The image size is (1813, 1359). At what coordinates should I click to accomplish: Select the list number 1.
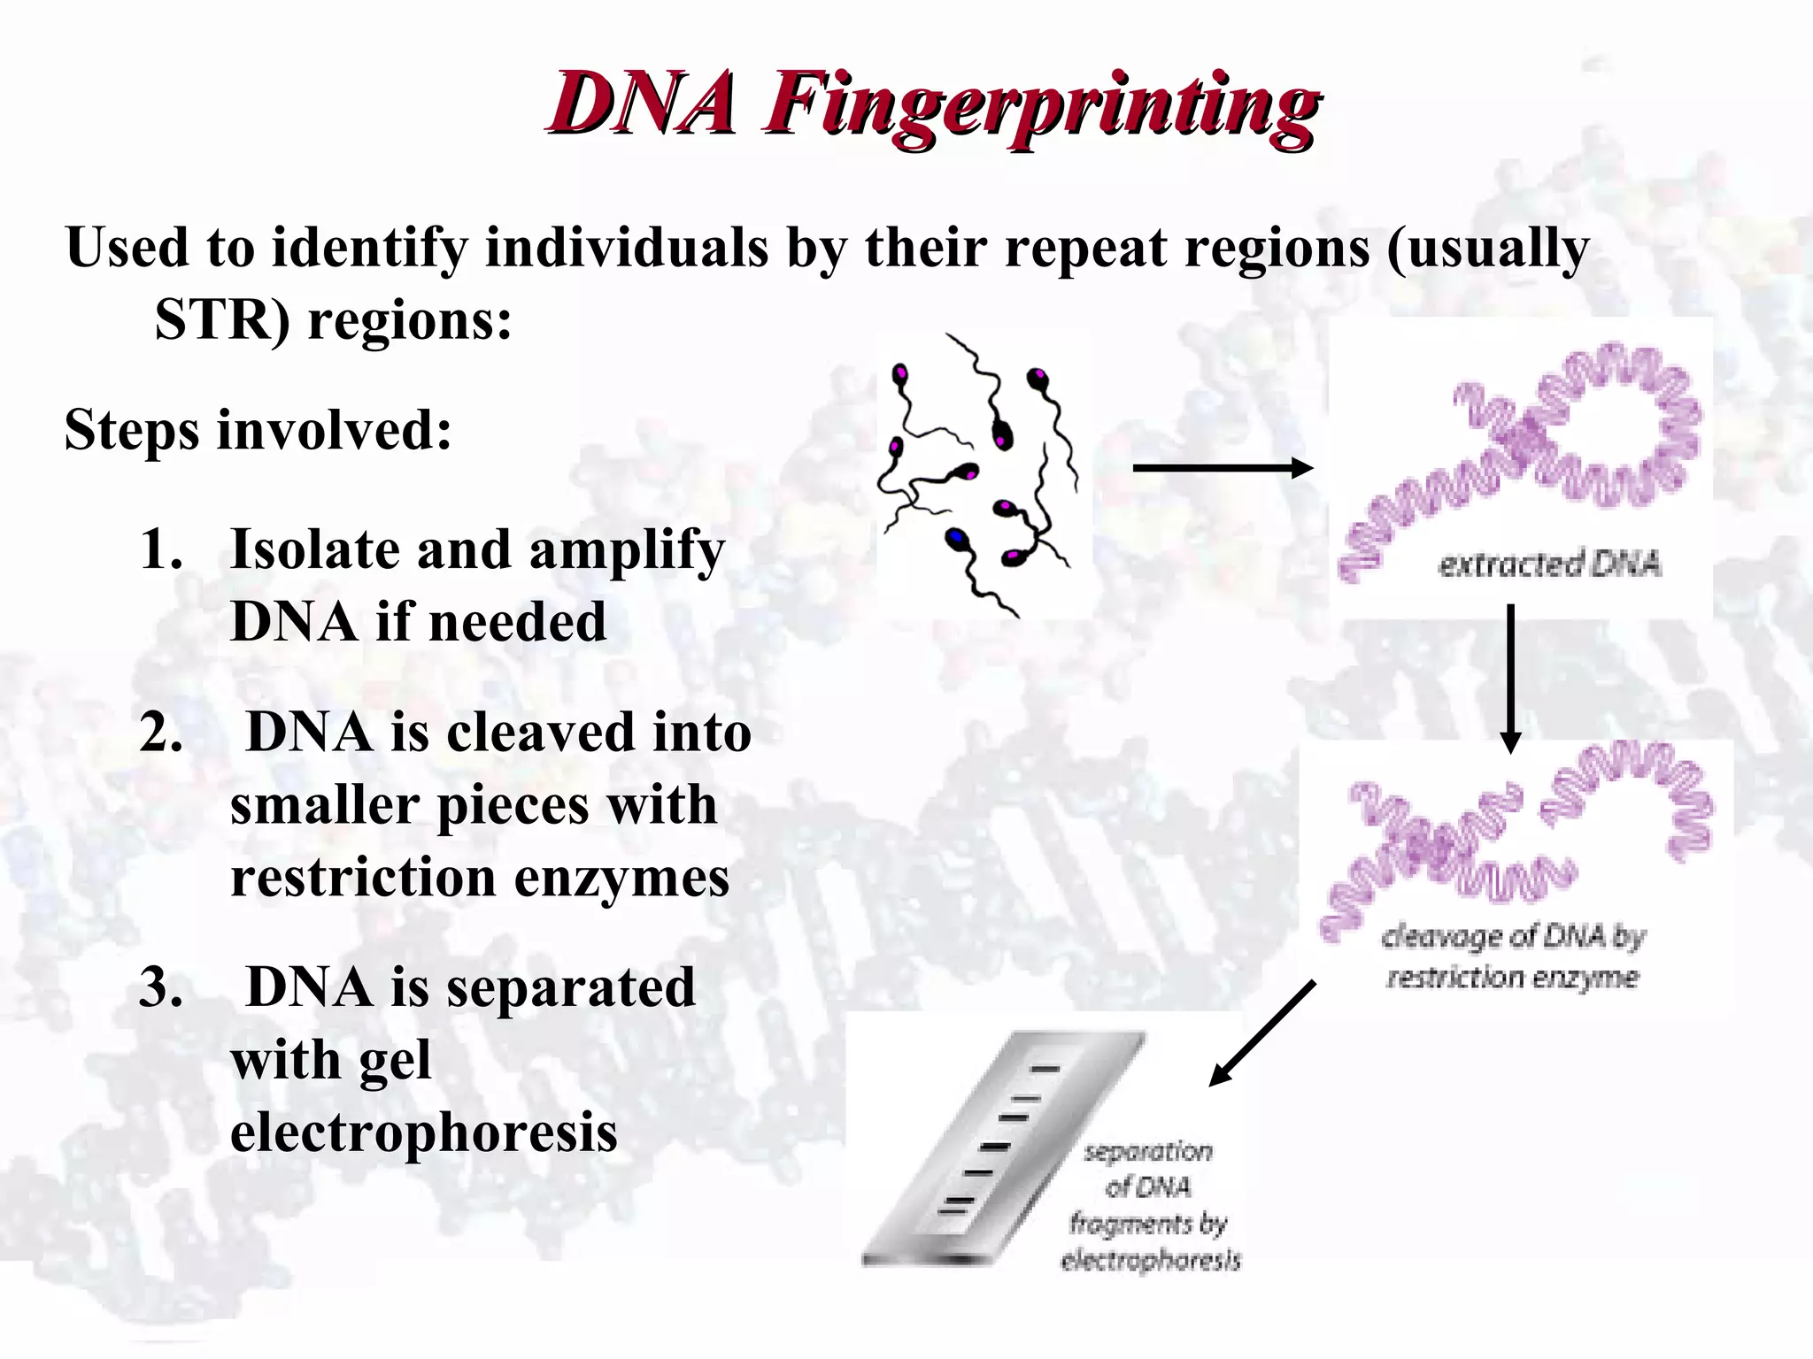(x=161, y=549)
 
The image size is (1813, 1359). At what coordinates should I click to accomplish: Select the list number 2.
(x=161, y=733)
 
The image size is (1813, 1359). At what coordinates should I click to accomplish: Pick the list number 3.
(x=161, y=987)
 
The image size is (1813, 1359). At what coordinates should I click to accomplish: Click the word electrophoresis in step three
(x=423, y=1132)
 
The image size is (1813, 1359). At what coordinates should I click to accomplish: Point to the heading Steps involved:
(x=258, y=431)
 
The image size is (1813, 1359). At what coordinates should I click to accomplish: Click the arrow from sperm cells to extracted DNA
(x=1222, y=468)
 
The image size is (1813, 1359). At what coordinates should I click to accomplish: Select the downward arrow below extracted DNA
(x=1511, y=677)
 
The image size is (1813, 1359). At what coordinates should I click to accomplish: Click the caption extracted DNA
(x=1549, y=564)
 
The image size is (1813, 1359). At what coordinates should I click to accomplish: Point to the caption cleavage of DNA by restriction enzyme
(x=1513, y=956)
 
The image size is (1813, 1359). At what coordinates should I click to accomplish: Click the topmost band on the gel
(x=1045, y=1069)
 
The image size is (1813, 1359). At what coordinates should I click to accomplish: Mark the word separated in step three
(x=571, y=987)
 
